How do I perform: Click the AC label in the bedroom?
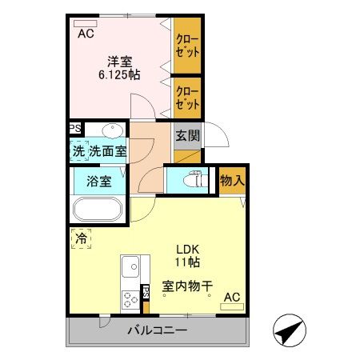pos(85,34)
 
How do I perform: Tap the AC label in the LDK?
pos(231,298)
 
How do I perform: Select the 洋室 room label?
pos(120,60)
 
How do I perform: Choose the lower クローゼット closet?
pos(187,97)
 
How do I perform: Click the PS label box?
pos(74,128)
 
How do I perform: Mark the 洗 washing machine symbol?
pos(78,150)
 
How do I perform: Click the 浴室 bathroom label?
pos(100,182)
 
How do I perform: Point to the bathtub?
pos(98,211)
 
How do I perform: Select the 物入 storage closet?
pos(231,182)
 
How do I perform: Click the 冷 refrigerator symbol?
pos(79,238)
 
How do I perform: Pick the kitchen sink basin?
pos(130,265)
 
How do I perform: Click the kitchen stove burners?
pos(130,300)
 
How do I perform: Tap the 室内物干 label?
pos(187,285)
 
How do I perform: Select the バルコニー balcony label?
pos(157,330)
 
